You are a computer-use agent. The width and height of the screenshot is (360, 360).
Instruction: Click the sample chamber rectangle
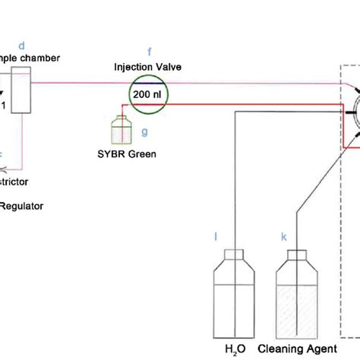pos(21,90)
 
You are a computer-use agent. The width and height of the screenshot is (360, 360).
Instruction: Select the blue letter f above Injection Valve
pos(150,52)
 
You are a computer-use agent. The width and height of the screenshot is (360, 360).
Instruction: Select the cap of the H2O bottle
pos(232,255)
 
